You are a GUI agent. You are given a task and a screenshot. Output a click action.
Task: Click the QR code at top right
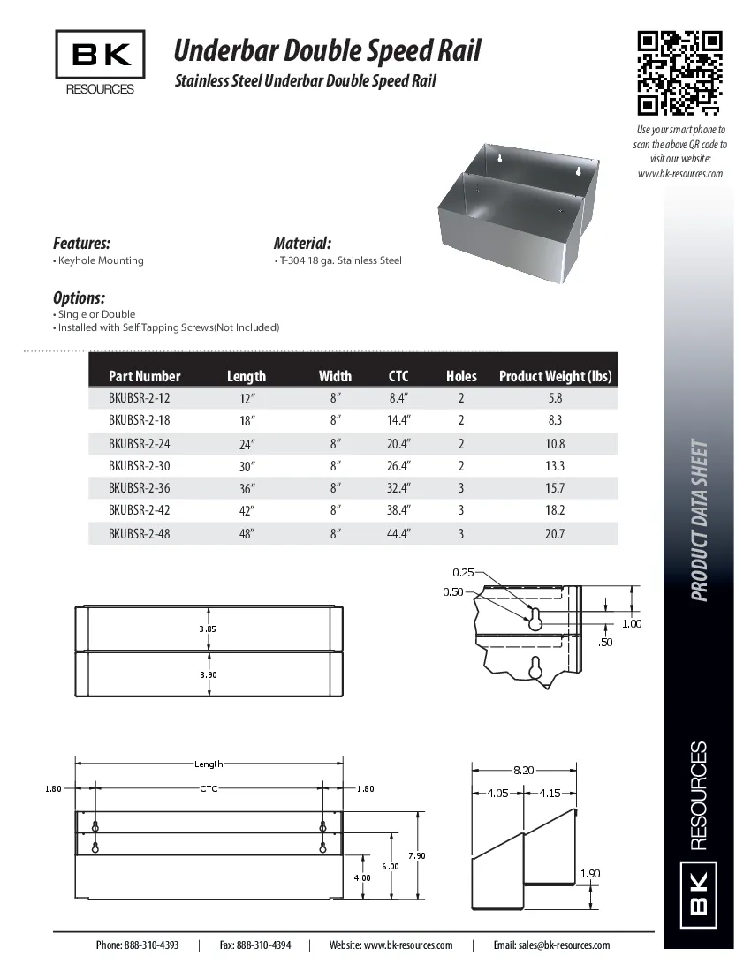point(680,73)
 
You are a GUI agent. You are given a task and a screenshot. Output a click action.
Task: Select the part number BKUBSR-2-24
point(139,444)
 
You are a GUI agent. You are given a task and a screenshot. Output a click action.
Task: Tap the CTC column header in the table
point(398,376)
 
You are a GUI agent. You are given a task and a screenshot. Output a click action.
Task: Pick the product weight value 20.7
point(555,533)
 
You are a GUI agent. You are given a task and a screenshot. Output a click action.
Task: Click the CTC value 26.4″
point(398,466)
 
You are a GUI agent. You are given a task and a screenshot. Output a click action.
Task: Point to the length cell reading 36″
point(247,488)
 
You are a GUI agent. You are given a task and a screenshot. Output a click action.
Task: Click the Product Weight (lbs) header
point(555,376)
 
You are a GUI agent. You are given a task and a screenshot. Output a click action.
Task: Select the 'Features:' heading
point(81,243)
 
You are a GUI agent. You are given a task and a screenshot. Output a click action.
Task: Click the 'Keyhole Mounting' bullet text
point(100,260)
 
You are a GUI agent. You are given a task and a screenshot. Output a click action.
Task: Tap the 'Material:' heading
point(302,243)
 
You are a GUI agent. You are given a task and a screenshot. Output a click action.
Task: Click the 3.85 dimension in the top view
point(208,629)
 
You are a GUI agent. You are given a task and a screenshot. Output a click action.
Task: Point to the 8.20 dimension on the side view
point(523,771)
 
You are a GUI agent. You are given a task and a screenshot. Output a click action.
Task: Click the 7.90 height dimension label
point(416,856)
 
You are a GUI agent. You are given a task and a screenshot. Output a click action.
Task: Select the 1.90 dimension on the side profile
point(590,874)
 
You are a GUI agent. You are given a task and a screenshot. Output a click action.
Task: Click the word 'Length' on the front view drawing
point(209,764)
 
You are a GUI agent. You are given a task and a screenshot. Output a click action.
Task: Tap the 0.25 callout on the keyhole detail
point(463,572)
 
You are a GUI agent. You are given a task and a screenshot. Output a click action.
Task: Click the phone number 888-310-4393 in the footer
point(137,945)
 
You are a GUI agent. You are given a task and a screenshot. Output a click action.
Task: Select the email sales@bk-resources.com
point(551,945)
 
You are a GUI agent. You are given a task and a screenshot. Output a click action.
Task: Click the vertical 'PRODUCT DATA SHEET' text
point(699,521)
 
